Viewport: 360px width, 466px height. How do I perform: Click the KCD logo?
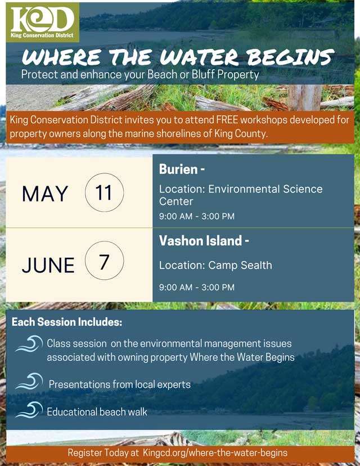[x=43, y=23]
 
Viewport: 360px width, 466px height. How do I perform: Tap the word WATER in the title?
[x=199, y=57]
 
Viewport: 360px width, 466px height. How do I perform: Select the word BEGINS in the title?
[x=290, y=57]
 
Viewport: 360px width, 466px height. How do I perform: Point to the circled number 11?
[x=104, y=192]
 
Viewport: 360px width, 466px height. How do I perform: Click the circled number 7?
[x=104, y=261]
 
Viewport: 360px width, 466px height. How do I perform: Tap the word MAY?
[x=45, y=194]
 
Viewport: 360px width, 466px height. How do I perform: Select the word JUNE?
[x=48, y=265]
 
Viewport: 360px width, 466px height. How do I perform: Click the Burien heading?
[x=182, y=169]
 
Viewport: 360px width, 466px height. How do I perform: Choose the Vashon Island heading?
[x=204, y=241]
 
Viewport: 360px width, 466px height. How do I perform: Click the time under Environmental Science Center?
[x=197, y=216]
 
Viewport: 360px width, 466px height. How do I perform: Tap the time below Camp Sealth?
[x=197, y=288]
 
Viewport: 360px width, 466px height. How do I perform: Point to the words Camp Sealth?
[x=240, y=265]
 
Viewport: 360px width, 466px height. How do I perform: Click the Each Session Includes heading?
[x=67, y=322]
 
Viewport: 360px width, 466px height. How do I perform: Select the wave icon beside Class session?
[x=29, y=344]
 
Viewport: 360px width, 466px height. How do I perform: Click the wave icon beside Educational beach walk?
[x=29, y=410]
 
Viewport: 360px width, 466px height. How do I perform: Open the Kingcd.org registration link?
[x=215, y=452]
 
